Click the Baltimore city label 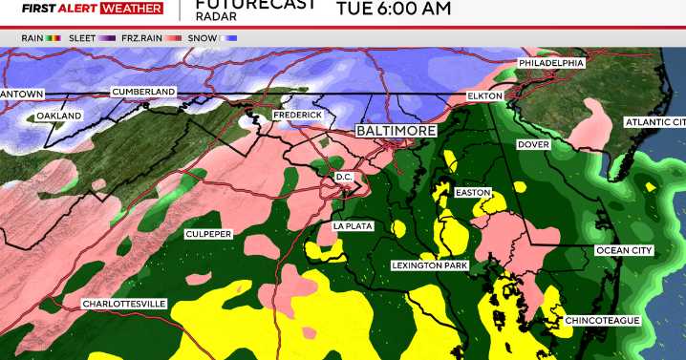click(396, 130)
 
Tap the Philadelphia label click(551, 62)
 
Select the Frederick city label click(296, 115)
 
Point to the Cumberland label click(143, 92)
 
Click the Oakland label click(59, 116)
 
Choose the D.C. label click(344, 178)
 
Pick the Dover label click(532, 145)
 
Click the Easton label click(472, 193)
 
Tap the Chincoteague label click(602, 320)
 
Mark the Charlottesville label click(124, 304)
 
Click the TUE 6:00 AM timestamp click(393, 10)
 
